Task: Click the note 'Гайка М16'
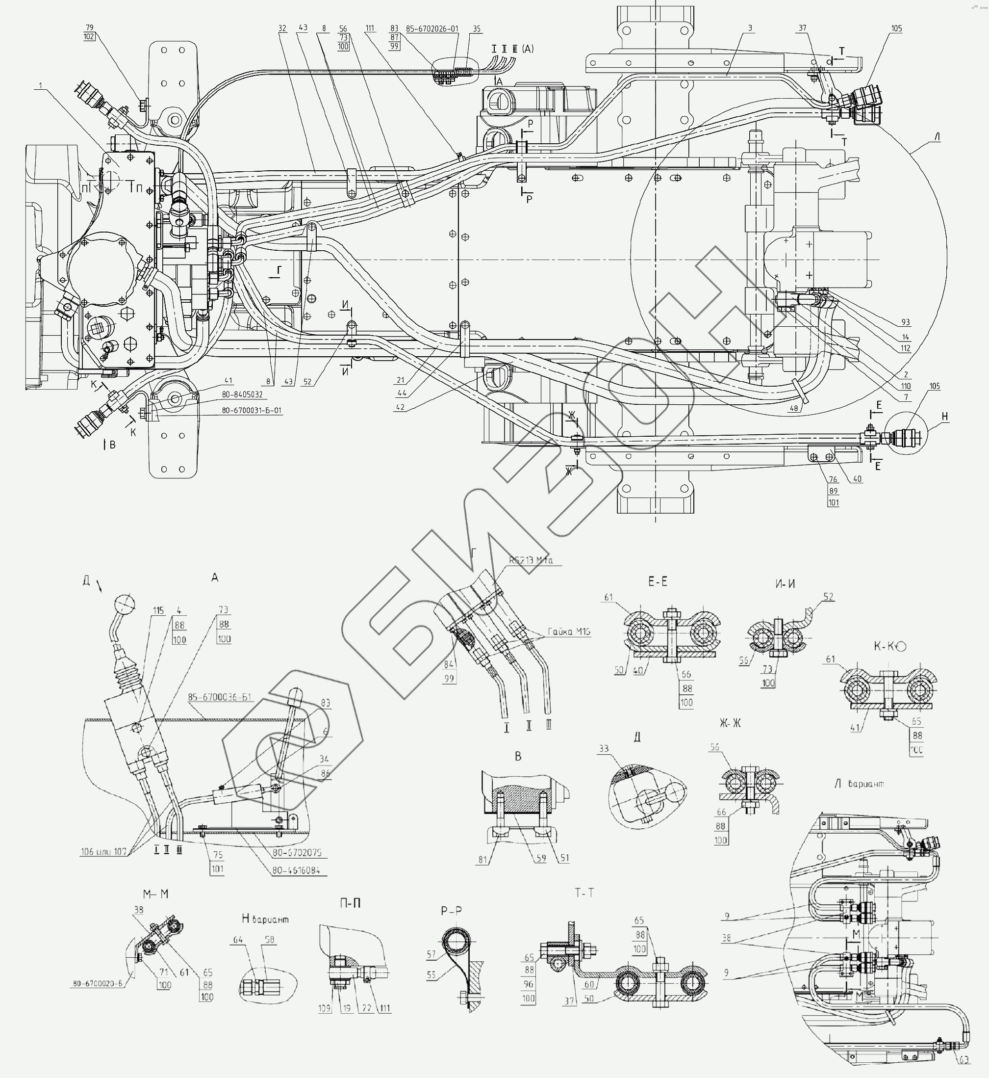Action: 568,632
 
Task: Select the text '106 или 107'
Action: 104,852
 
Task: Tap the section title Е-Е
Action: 658,582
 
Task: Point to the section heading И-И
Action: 785,584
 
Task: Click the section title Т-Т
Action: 584,892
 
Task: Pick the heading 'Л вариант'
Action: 859,784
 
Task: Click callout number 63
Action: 964,1059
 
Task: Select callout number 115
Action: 158,611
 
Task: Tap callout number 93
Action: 905,322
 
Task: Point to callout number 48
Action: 794,408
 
